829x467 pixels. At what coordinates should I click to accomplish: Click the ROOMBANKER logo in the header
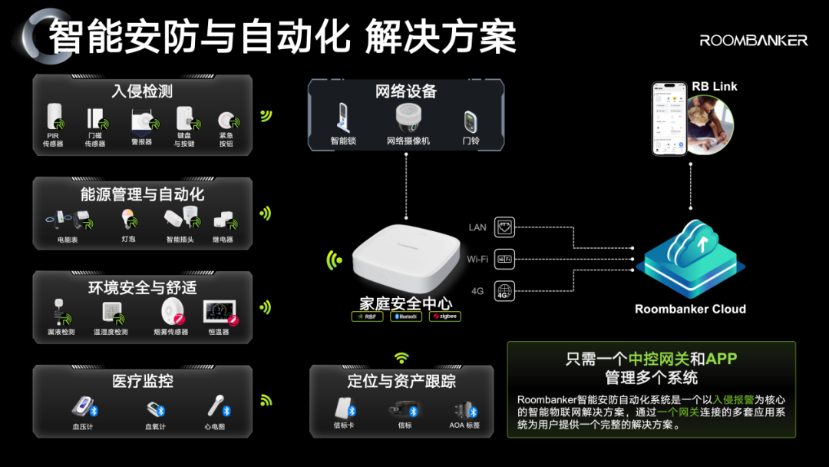753,40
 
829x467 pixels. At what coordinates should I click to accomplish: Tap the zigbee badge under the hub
445,316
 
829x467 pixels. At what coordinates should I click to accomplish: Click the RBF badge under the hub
367,316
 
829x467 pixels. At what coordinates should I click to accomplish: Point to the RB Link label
714,86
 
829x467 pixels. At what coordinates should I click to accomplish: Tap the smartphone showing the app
668,118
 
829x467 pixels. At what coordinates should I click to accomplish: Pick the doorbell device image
470,121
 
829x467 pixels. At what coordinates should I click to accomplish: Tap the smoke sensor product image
171,312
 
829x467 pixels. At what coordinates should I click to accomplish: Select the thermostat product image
220,312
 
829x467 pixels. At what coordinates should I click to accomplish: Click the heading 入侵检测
142,91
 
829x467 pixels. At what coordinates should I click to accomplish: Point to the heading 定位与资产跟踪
401,381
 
